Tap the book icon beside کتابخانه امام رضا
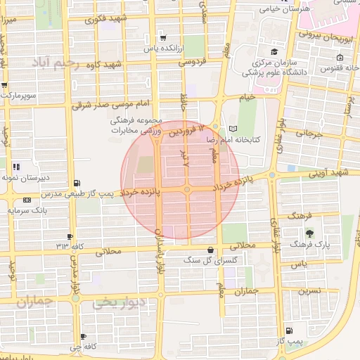click(x=234, y=129)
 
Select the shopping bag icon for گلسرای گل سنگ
click(x=211, y=250)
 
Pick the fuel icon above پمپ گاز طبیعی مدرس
click(x=76, y=182)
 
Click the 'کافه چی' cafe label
click(x=84, y=347)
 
